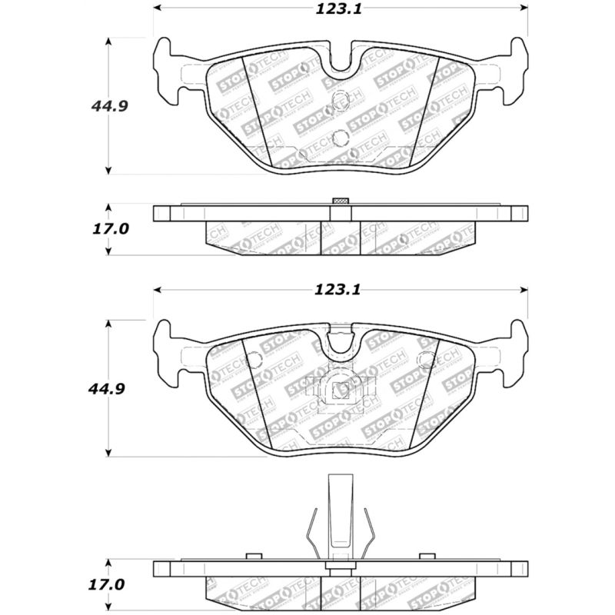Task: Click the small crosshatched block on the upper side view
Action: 339,202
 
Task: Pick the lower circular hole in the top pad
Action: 341,138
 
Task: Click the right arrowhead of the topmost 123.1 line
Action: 524,8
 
